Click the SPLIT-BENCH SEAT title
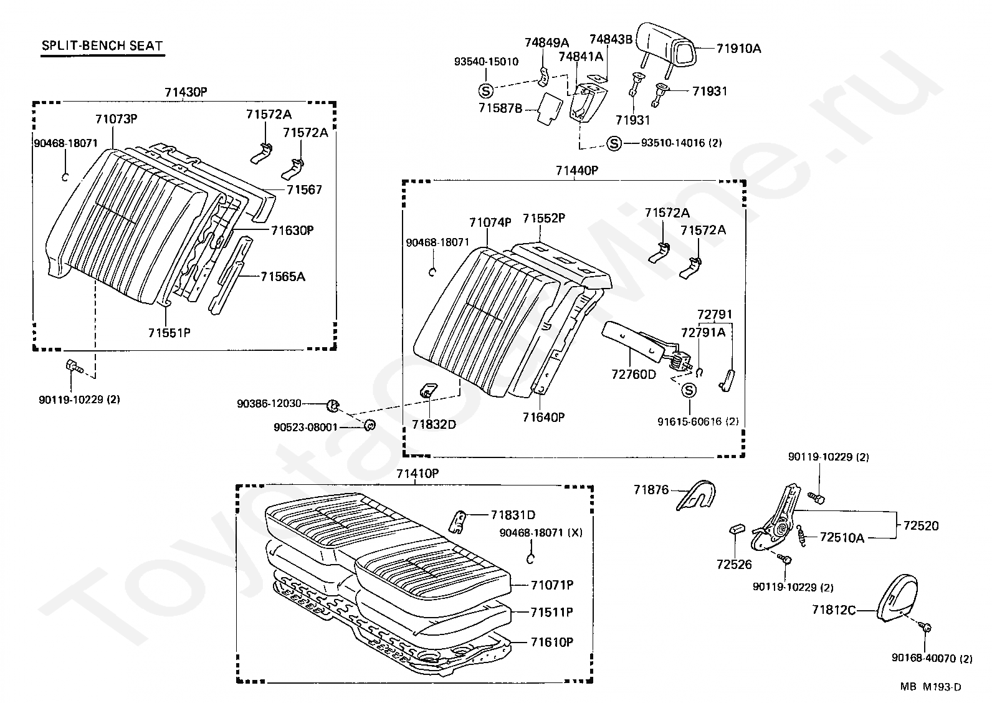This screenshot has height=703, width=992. (x=102, y=45)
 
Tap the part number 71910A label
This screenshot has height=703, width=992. (x=738, y=48)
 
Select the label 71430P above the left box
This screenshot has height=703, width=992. (x=186, y=92)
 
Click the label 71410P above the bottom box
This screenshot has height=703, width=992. (x=417, y=474)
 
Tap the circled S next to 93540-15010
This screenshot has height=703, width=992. (x=485, y=90)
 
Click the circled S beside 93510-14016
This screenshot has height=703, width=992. (x=614, y=143)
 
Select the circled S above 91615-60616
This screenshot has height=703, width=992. (x=689, y=390)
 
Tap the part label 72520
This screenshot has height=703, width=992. (x=921, y=526)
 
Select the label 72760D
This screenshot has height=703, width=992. (x=634, y=374)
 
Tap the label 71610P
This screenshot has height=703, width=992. (x=552, y=642)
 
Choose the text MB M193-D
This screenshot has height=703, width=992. (x=930, y=687)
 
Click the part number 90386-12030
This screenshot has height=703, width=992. (x=278, y=404)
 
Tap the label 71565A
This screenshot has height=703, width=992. (x=283, y=276)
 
